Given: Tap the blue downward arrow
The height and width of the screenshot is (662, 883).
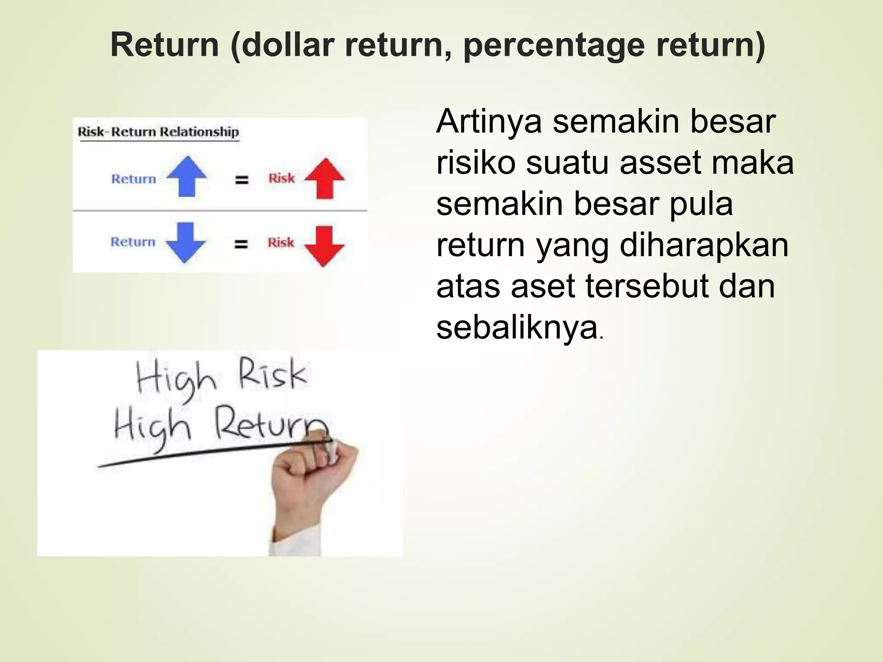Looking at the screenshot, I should [186, 243].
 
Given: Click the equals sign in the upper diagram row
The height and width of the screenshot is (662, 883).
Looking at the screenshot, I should [241, 179].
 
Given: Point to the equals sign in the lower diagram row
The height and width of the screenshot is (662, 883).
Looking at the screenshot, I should [241, 244].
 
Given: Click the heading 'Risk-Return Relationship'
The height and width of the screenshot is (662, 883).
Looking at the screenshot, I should [158, 131].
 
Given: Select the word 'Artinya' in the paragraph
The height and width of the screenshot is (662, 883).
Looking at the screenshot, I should [489, 122].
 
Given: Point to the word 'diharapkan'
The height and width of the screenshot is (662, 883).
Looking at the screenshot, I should [704, 246].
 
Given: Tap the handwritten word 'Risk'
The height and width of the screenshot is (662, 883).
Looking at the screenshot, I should [272, 374].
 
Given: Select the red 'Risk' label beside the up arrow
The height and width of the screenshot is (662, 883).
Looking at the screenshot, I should [282, 178].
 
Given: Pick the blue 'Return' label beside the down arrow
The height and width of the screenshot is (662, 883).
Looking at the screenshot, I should [133, 242].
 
